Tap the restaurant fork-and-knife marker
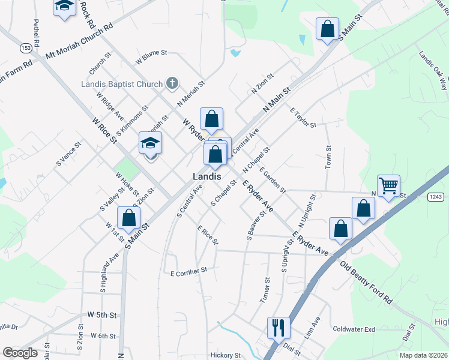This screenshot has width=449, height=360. pos(278,328)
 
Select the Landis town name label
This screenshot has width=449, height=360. pos(207,176)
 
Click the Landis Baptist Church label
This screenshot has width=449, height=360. pos(122,84)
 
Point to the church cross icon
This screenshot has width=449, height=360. pos(172,83)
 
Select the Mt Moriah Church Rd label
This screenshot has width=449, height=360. pos(79,42)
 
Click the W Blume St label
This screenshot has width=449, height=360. pos(150,57)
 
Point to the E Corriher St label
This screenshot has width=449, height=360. pos(188,271)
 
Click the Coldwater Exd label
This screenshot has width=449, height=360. pos(354,329)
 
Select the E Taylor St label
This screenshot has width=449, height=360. pos(303,118)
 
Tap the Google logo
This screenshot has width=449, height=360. pos(20,353)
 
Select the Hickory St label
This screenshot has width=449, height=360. pos(226,355)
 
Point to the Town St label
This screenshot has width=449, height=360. pos(328,157)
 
